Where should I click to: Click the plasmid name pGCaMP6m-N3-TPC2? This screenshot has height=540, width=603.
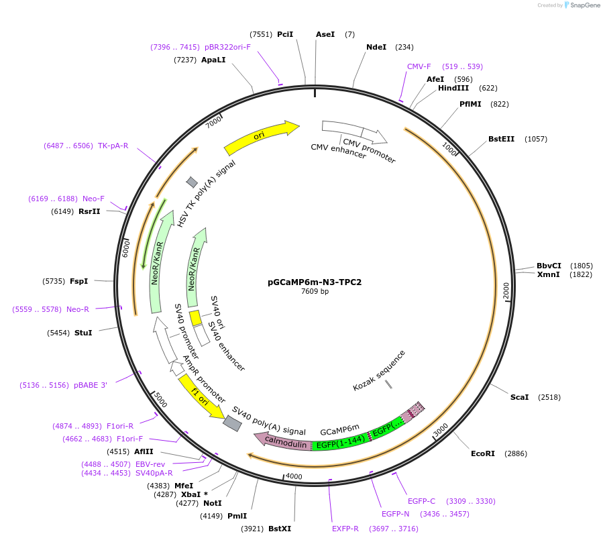tap(315, 282)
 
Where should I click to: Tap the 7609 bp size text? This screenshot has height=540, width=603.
tap(315, 291)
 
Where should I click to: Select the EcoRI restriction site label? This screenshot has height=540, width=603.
tap(482, 454)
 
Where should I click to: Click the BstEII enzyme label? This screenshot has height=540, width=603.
tap(501, 140)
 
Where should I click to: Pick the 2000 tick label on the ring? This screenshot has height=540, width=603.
tap(506, 291)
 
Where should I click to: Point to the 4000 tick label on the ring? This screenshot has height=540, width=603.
tap(294, 476)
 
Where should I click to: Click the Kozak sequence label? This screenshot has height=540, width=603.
tap(380, 370)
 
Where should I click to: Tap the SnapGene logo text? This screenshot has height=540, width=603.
tap(584, 5)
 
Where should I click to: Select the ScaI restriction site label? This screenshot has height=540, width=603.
tap(519, 397)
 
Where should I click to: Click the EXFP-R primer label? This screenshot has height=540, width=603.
tap(345, 529)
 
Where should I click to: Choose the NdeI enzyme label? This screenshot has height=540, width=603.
tap(376, 47)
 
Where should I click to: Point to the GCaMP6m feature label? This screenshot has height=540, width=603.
tap(339, 428)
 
